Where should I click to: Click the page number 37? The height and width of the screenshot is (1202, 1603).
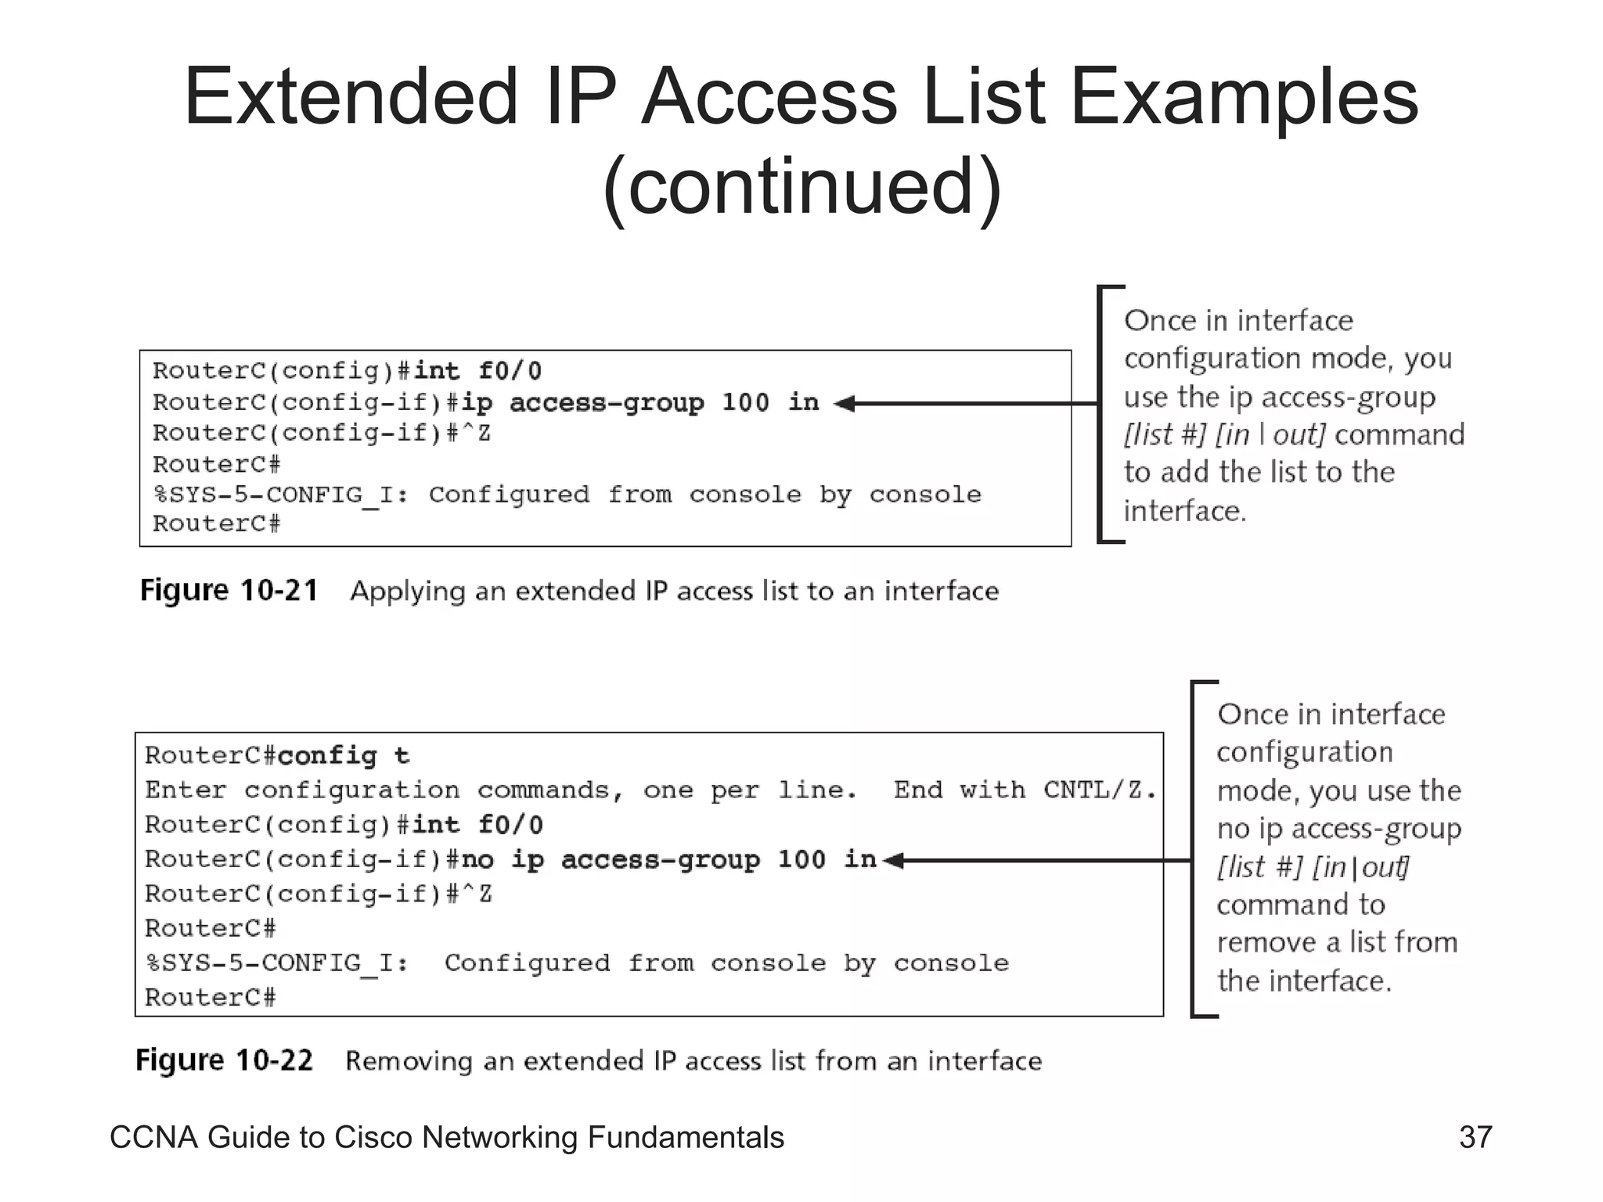tap(1475, 1137)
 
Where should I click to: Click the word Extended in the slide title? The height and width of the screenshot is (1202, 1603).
tap(350, 97)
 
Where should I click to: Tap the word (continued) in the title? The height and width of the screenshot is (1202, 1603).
tap(801, 186)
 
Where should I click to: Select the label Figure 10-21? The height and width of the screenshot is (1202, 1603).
tap(229, 590)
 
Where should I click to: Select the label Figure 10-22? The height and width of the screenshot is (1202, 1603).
tap(224, 1060)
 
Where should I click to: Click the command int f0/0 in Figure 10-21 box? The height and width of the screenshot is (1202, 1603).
tap(477, 370)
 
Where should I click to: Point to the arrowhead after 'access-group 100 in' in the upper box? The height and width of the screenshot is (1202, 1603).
tap(844, 404)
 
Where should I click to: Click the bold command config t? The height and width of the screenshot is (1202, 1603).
tap(343, 756)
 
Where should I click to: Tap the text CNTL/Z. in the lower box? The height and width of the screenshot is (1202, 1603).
tap(1100, 790)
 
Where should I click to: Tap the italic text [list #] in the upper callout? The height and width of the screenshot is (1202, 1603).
tap(1164, 435)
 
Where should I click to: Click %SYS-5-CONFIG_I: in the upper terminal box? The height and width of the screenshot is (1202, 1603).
tap(281, 495)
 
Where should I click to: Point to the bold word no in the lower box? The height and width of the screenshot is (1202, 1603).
tap(477, 860)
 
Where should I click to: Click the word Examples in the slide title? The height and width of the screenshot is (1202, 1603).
tap(1244, 97)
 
